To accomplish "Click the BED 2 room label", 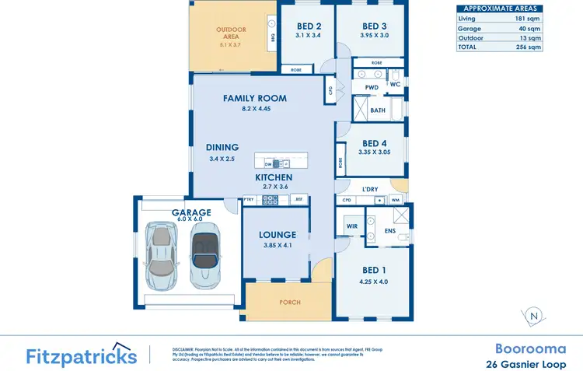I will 309,26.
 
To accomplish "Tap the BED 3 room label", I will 374,26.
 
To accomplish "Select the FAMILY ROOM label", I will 255,98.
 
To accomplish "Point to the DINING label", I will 222,147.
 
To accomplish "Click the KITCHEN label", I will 274,177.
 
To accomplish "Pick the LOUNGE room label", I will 278,235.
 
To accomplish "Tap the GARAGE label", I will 192,212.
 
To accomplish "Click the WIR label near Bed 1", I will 351,228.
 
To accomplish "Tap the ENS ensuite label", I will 390,231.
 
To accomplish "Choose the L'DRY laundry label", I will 369,189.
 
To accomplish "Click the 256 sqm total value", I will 529,47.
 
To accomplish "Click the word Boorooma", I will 530,348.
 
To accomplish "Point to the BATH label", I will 378,110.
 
